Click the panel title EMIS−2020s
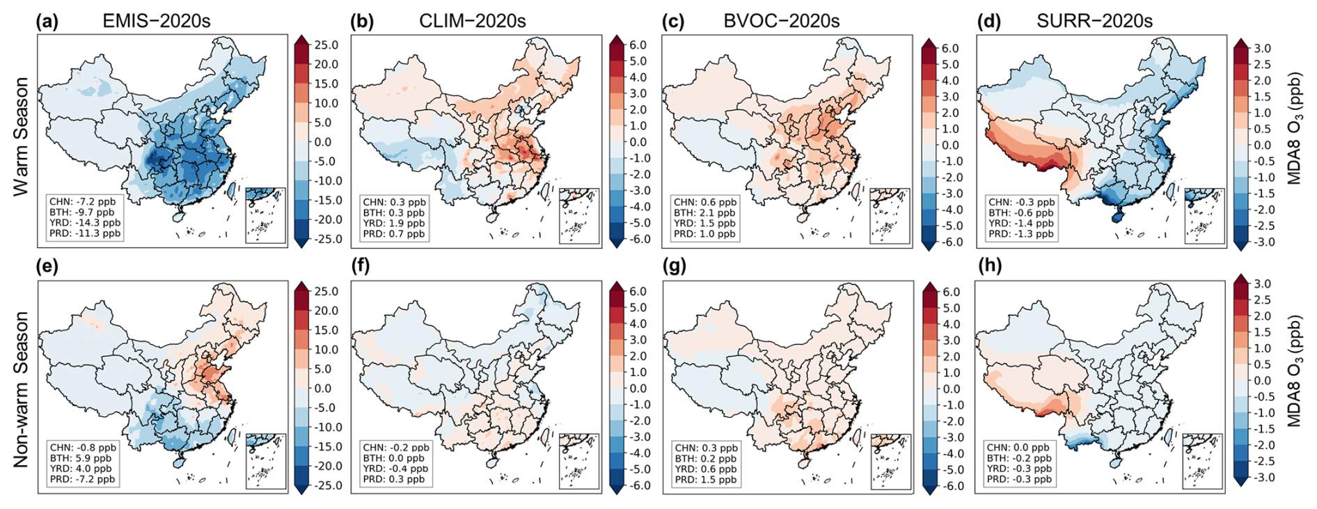(x=156, y=21)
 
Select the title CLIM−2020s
(x=472, y=21)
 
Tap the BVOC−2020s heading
(x=781, y=21)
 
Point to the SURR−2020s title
(x=1094, y=21)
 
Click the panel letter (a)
(x=47, y=21)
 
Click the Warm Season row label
(x=21, y=136)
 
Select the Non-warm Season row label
(x=21, y=389)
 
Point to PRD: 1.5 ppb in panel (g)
(x=705, y=480)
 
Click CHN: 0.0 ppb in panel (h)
(x=1017, y=448)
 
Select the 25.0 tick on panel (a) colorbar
(x=326, y=45)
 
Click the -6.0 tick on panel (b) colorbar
(x=638, y=240)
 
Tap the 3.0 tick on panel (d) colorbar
(x=1262, y=48)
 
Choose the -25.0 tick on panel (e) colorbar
(x=325, y=486)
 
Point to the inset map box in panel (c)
(x=890, y=216)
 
